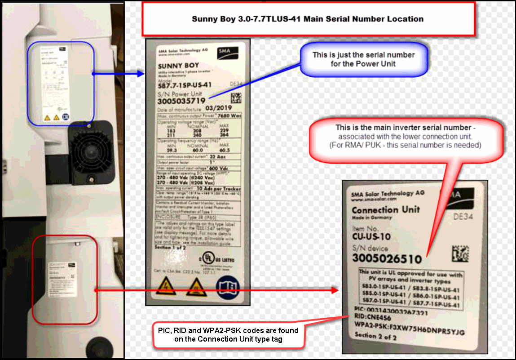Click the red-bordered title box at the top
[308, 19]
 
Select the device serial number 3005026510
[387, 258]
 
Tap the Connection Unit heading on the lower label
[385, 210]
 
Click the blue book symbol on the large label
[226, 286]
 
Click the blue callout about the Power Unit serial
[364, 60]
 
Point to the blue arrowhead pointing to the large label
[140, 72]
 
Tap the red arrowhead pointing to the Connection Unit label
[334, 290]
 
